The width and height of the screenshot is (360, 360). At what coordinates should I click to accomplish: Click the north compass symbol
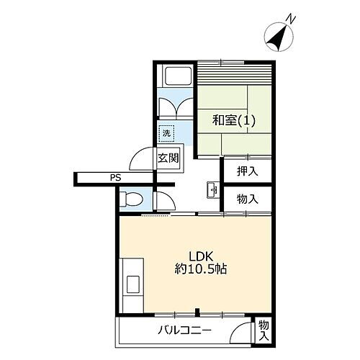point(276,37)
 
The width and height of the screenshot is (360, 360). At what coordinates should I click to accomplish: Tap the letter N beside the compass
point(289,18)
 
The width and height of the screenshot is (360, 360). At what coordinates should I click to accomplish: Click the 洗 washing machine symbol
point(167,133)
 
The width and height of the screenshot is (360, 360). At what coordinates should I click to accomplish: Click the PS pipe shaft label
point(116,178)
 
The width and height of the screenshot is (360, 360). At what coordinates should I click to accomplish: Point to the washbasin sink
point(212,191)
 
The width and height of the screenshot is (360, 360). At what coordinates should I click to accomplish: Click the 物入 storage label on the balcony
point(264,330)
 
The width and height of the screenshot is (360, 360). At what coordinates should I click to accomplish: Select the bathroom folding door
point(175,106)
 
